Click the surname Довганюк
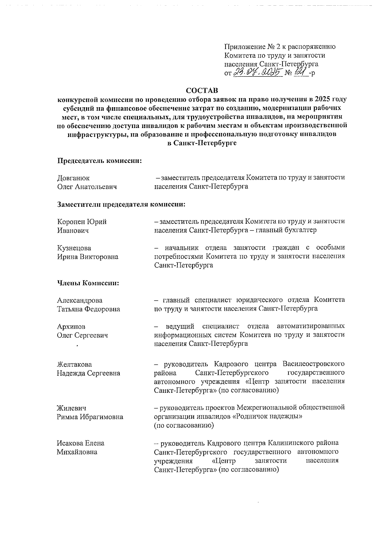[x=73, y=178]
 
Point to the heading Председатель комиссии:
[x=99, y=161]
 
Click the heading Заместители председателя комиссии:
[x=121, y=204]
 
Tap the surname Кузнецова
[x=74, y=248]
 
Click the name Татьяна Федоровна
[x=88, y=309]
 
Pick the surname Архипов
[x=71, y=326]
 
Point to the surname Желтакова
[x=74, y=365]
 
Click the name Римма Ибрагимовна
[x=90, y=417]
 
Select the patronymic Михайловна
[x=77, y=452]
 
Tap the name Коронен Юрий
[x=82, y=222]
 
